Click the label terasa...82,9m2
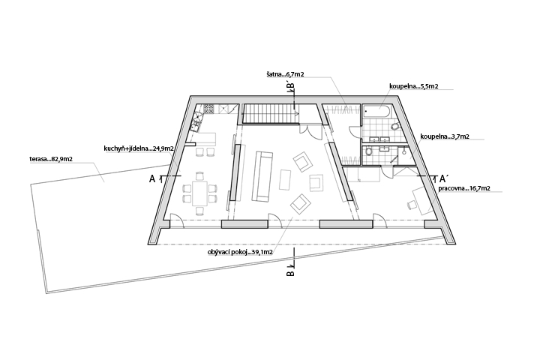pos(51,159)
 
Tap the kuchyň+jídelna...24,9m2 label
pos(139,148)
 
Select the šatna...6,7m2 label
pos(285,74)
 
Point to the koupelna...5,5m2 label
pos(413,86)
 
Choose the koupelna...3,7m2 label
pos(445,136)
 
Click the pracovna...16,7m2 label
pos(464,188)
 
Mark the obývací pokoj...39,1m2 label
pos(240,252)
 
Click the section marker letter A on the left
pos(151,178)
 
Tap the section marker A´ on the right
pos(444,178)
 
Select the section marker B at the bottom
pos(290,273)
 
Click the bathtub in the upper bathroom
pos(376,112)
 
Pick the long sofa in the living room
pos(262,176)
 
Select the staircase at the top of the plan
pos(271,113)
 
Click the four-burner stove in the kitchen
pos(208,109)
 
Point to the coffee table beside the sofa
pos(286,179)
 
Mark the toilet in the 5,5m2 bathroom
pos(394,127)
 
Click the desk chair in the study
pos(411,205)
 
